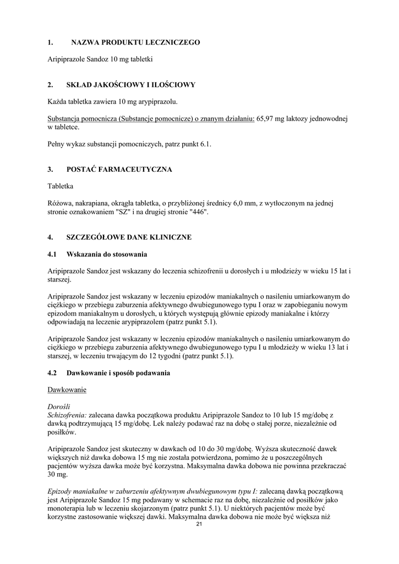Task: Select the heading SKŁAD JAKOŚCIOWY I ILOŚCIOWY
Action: click(131, 85)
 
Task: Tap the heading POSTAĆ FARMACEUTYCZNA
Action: click(119, 169)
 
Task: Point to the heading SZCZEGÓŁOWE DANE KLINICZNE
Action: click(129, 237)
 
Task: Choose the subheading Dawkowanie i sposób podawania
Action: click(118, 373)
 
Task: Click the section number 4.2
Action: click(53, 373)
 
